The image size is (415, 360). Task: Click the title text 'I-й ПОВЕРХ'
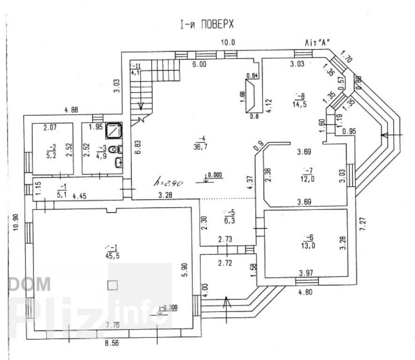(x=207, y=24)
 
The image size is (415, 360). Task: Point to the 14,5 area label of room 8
(x=299, y=104)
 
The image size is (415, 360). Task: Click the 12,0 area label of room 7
(x=307, y=179)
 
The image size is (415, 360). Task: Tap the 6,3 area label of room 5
(x=229, y=220)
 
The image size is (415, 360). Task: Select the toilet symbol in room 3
(x=115, y=149)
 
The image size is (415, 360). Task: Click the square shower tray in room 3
(x=114, y=131)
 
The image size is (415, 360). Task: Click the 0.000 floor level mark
(x=215, y=175)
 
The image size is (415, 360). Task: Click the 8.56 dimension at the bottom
(x=112, y=343)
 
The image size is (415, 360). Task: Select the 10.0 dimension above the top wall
(x=228, y=42)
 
